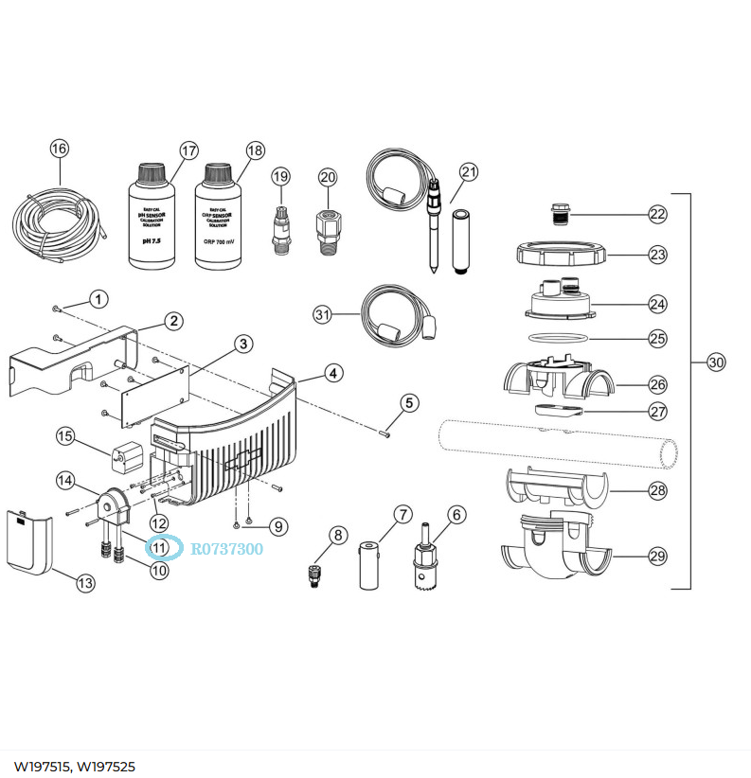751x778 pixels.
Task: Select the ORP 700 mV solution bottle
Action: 218,220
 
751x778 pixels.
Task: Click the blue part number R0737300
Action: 227,548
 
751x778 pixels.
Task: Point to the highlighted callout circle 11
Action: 158,547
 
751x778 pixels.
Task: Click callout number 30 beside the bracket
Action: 716,362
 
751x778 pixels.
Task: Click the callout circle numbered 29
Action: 657,557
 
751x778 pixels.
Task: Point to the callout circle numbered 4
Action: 333,373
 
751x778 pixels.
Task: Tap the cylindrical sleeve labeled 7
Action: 369,566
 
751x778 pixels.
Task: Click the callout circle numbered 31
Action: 323,314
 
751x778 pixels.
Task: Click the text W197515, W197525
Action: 73,765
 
